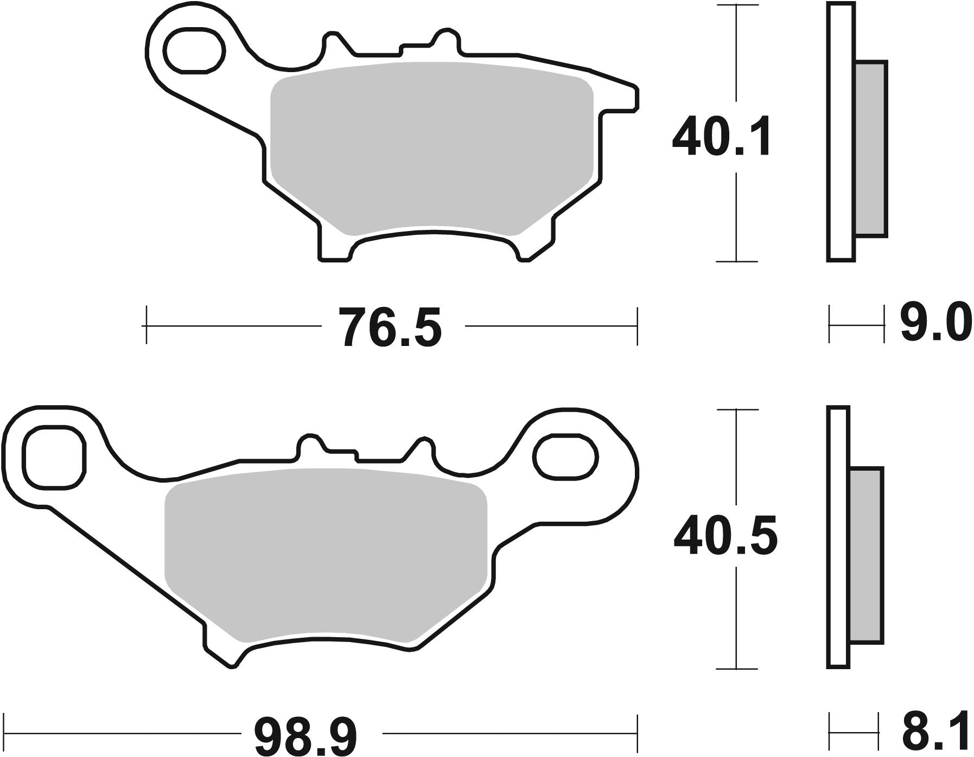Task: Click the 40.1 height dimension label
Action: click(721, 137)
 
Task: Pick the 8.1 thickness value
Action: click(935, 733)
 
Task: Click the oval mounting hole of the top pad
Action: click(195, 52)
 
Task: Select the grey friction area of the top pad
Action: click(431, 146)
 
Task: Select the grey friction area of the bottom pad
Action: click(326, 553)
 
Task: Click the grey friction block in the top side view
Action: click(871, 149)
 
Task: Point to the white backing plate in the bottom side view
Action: click(838, 537)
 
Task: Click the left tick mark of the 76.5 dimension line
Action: click(146, 325)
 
